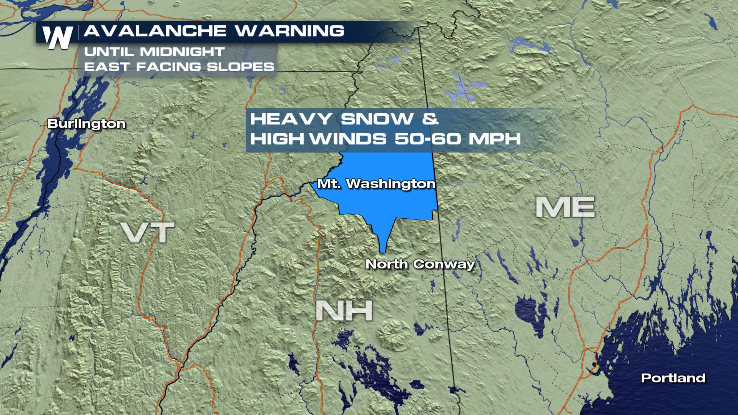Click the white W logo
(58, 38)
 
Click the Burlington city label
(86, 124)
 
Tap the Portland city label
(673, 378)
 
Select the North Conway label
(420, 264)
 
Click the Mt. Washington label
(376, 184)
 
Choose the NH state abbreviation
(344, 310)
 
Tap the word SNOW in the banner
(377, 119)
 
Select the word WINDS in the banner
(348, 138)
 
